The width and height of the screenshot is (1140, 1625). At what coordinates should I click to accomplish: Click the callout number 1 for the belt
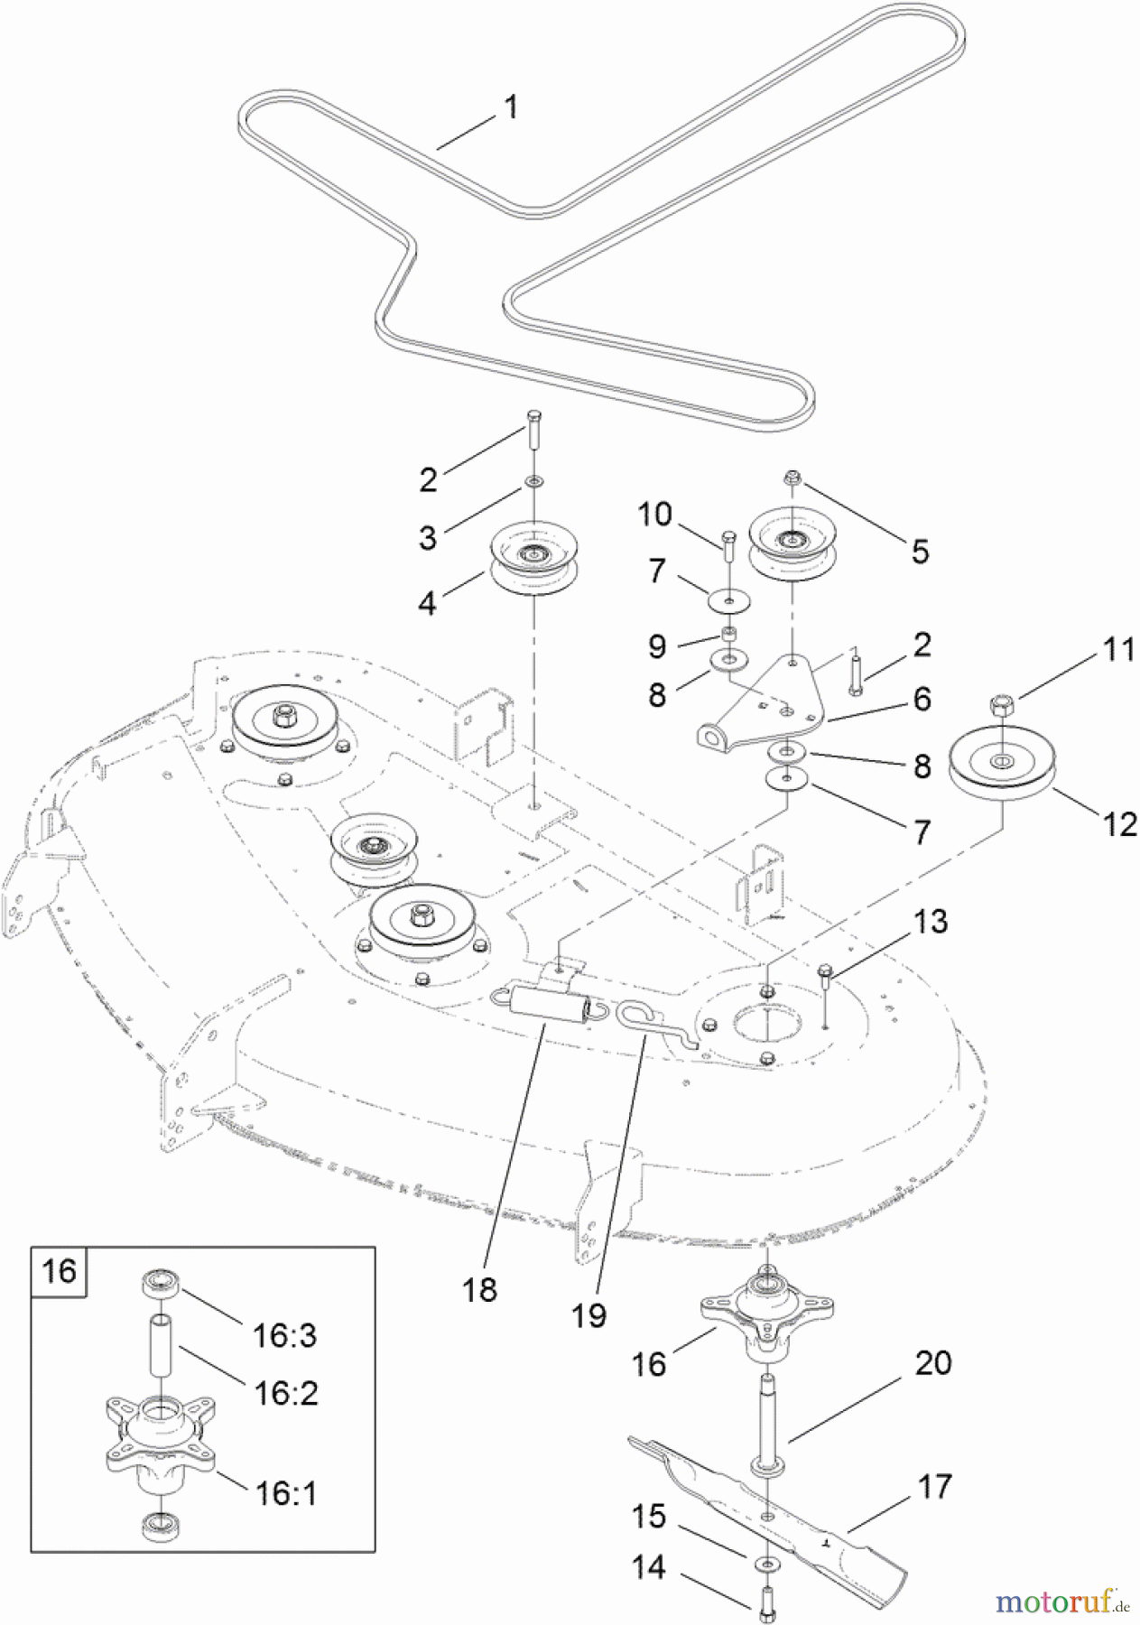[x=511, y=108]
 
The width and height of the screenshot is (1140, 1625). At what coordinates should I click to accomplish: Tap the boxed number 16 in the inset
[x=60, y=1271]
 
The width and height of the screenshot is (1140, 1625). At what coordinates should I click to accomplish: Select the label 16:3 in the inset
[x=284, y=1334]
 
